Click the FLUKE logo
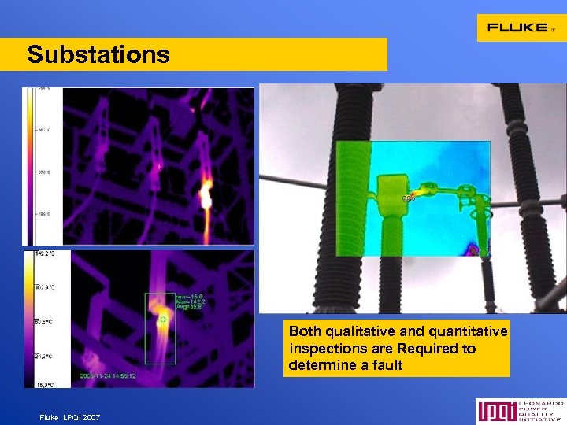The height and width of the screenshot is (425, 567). coord(520,28)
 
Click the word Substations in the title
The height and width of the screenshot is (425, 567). coord(98,54)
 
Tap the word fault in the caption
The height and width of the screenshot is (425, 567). coord(387,365)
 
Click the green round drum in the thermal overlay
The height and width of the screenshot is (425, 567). coord(389,197)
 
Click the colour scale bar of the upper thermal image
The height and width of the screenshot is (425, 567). coord(31,165)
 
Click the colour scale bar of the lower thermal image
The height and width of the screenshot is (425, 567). coord(31,319)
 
